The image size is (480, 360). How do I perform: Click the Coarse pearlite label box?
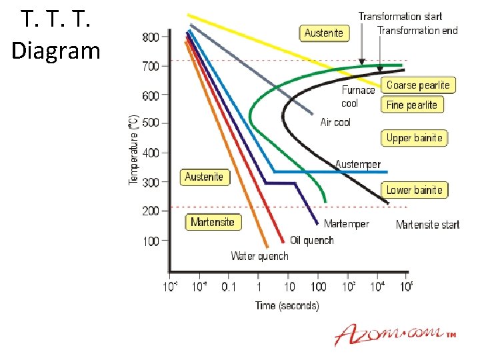pyautogui.click(x=418, y=85)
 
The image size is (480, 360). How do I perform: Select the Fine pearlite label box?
pyautogui.click(x=412, y=105)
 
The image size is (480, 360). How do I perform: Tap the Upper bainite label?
pyautogui.click(x=414, y=138)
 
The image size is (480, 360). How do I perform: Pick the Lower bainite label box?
pyautogui.click(x=414, y=190)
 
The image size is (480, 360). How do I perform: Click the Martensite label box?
pyautogui.click(x=212, y=223)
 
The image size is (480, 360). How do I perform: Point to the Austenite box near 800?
pyautogui.click(x=323, y=33)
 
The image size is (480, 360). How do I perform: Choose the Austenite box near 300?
pyautogui.click(x=203, y=177)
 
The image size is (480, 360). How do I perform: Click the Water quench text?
pyautogui.click(x=259, y=256)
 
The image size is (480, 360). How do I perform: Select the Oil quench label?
pyautogui.click(x=311, y=240)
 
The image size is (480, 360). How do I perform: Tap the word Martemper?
pyautogui.click(x=346, y=224)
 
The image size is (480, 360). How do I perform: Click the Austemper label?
pyautogui.click(x=358, y=164)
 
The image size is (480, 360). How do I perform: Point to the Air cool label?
pyautogui.click(x=335, y=123)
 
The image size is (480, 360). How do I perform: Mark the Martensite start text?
pyautogui.click(x=427, y=225)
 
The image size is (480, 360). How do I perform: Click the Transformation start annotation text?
pyautogui.click(x=400, y=16)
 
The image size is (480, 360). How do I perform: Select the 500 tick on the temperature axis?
pyautogui.click(x=151, y=123)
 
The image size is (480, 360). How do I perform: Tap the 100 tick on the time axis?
pyautogui.click(x=318, y=287)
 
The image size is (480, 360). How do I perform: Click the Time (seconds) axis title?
pyautogui.click(x=287, y=305)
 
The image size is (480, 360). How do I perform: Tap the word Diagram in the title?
pyautogui.click(x=55, y=50)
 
